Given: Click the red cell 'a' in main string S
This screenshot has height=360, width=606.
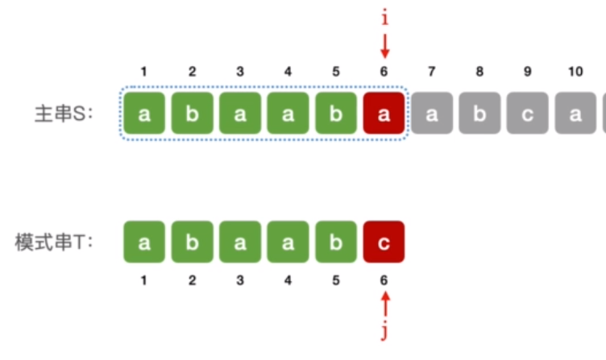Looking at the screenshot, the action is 384,114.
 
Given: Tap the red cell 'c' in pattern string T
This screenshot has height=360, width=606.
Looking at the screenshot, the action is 384,242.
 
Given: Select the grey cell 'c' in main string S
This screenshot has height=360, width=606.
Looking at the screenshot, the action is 528,114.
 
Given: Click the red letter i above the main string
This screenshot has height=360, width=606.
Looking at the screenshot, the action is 384,18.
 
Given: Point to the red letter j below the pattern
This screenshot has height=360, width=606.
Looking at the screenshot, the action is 384,332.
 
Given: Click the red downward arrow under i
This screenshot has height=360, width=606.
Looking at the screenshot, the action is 384,46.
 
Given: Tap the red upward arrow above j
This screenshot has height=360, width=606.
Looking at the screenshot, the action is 385,304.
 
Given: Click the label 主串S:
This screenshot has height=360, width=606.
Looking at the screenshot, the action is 64,114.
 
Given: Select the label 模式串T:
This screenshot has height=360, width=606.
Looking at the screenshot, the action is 54,242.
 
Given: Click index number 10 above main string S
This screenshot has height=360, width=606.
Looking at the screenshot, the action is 575,72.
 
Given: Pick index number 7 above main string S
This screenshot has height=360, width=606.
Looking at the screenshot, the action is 432,72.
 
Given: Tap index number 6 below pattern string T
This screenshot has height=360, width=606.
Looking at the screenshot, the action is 384,280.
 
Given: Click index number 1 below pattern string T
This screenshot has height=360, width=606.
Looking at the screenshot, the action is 143,280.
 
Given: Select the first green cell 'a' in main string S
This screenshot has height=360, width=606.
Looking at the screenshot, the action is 144,114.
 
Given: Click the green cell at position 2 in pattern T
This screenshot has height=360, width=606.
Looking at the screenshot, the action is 192,242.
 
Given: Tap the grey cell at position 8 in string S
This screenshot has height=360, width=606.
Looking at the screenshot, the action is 479,114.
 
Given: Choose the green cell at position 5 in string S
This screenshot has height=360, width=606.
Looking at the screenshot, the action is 336,114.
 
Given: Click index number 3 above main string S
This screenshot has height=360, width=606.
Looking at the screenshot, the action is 240,72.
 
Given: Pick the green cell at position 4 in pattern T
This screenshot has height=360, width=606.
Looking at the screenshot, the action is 288,242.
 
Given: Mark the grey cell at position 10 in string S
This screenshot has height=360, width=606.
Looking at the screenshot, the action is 575,114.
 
